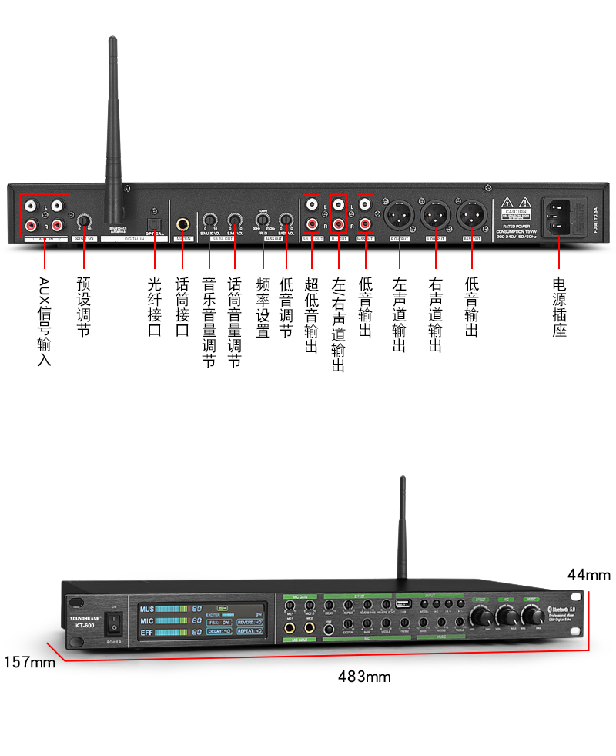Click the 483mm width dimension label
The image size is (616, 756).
[x=364, y=677]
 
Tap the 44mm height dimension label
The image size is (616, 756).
[x=589, y=574]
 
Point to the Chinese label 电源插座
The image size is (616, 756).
[x=560, y=307]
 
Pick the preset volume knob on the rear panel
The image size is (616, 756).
[x=83, y=222]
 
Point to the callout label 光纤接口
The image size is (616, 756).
[x=154, y=307]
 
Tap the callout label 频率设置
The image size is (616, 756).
[x=263, y=307]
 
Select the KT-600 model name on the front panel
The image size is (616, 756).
[x=85, y=625]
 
